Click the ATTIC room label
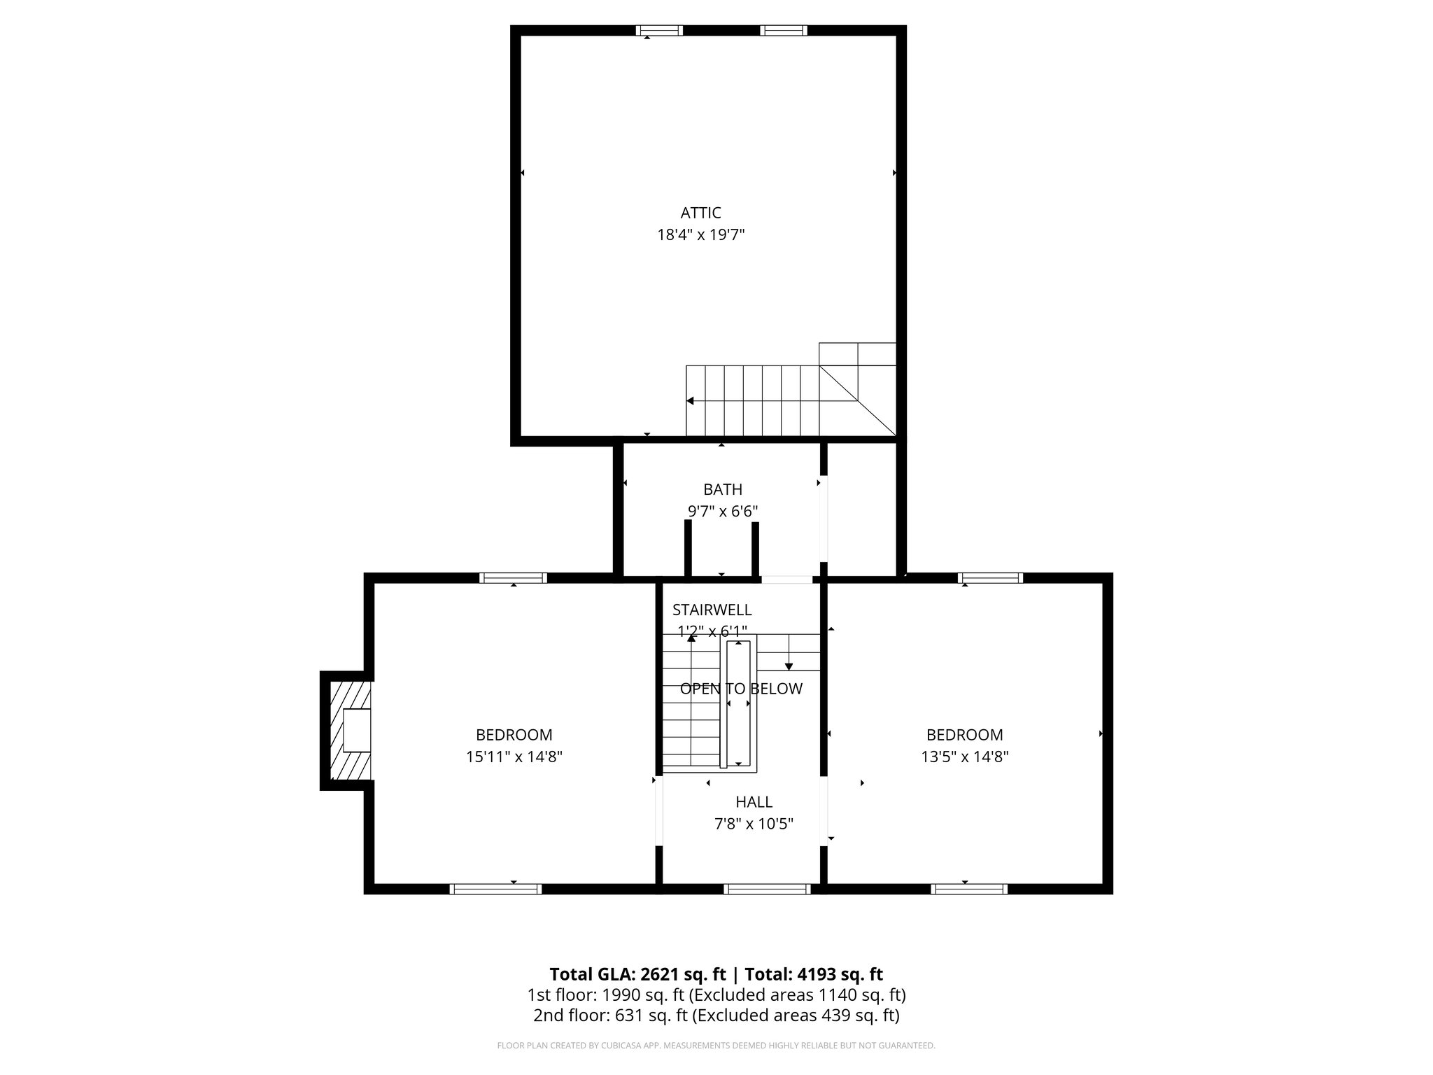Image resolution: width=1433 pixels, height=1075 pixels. pos(700,213)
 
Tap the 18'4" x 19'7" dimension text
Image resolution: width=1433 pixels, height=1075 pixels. pos(700,235)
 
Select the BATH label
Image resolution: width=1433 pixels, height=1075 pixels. pos(723,489)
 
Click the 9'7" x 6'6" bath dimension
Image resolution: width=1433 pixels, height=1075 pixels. pos(723,512)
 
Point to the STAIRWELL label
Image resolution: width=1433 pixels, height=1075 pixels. pos(712,610)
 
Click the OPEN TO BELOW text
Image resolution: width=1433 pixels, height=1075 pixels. pos(741,689)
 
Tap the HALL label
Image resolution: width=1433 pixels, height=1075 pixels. pos(754,802)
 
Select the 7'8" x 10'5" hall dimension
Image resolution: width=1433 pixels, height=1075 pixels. pos(754,824)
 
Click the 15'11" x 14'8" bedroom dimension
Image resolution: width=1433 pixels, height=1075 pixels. pos(514,757)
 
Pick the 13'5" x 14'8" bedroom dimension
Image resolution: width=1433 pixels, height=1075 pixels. pos(964,757)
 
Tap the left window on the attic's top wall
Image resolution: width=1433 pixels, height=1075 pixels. pos(659,30)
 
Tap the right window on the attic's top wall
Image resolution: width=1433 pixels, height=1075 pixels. pos(784,30)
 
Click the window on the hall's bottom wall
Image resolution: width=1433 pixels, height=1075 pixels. pos(767,889)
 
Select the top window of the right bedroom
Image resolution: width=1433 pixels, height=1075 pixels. pos(990,577)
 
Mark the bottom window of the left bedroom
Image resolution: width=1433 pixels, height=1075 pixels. pos(495,889)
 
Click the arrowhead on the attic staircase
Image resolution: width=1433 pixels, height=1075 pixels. pos(690,401)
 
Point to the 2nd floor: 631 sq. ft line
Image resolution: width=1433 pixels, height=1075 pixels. pos(716,1015)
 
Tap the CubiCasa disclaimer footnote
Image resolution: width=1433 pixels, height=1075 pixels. pos(716,1046)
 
